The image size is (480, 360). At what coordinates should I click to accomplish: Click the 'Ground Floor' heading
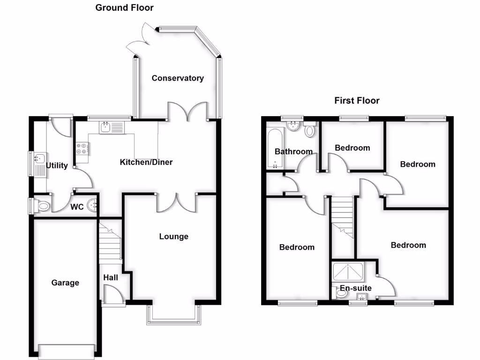[x=124, y=7]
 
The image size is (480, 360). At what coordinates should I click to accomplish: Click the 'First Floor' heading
[x=357, y=100]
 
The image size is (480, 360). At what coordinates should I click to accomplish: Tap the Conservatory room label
[x=178, y=78]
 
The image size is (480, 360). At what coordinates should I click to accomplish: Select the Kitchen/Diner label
[x=146, y=162]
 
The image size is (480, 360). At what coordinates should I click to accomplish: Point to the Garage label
[x=65, y=283]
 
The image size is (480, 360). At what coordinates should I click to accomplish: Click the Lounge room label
[x=173, y=236]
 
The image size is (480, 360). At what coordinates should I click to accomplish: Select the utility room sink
[x=39, y=159]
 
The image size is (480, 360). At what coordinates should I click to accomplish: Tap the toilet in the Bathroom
[x=309, y=130]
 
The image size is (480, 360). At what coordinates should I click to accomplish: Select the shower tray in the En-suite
[x=346, y=272]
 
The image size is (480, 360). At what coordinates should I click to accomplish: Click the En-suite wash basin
[x=361, y=296]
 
